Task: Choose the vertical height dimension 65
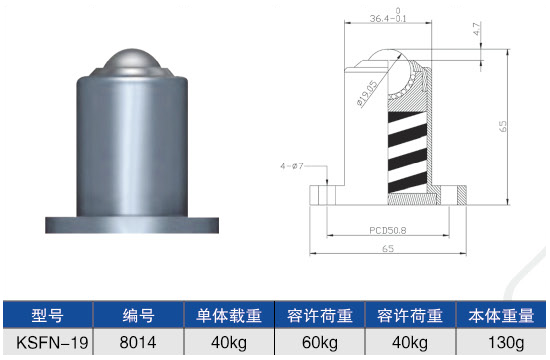tap(505, 127)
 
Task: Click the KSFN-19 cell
tap(48, 343)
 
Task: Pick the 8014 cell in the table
tap(138, 343)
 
